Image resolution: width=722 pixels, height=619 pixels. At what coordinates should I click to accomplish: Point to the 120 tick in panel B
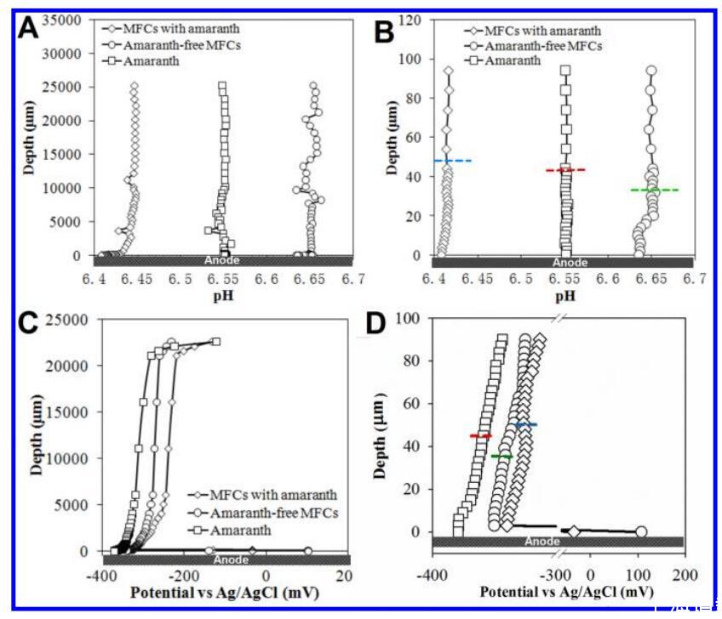pyautogui.click(x=415, y=20)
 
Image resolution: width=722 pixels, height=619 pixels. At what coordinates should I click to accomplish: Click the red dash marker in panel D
pyautogui.click(x=481, y=436)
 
